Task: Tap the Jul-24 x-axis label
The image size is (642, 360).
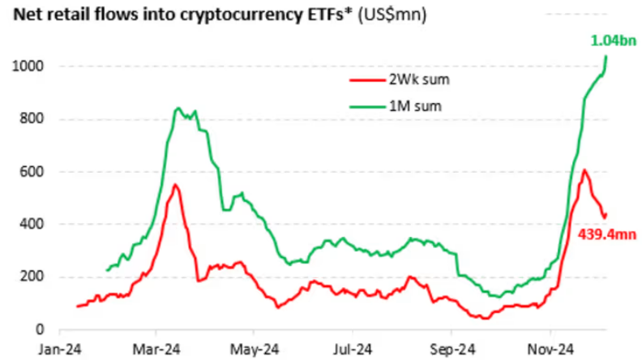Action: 353,349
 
